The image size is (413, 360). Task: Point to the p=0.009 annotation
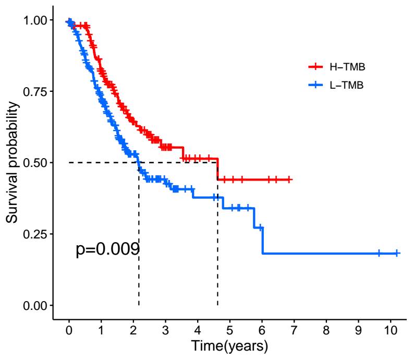pos(107,249)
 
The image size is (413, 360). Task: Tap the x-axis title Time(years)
pos(229,345)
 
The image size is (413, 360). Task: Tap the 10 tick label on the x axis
pos(390,330)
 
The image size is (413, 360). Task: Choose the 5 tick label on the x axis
pos(229,330)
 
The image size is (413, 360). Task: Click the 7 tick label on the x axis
pos(294,330)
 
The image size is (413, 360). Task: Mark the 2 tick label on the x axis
pos(133,330)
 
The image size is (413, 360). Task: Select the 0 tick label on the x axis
pos(69,330)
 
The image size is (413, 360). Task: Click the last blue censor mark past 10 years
pos(397,253)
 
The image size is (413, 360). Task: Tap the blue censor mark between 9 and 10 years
pos(379,253)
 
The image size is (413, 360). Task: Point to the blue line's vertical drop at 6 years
pos(262,241)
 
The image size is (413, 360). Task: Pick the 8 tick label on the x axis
pos(326,330)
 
